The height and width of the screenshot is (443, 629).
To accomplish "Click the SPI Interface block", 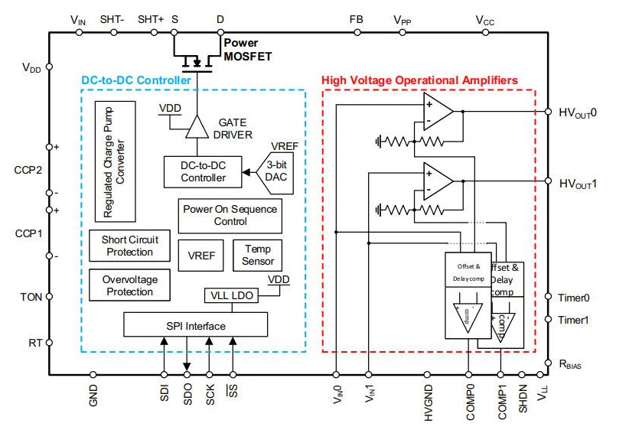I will pyautogui.click(x=196, y=326).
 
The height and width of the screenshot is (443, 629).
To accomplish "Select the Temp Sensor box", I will pyautogui.click(x=258, y=255).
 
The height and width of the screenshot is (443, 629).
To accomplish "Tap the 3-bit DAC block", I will pyautogui.click(x=274, y=172).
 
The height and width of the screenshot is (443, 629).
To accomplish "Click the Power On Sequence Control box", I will pyautogui.click(x=230, y=216).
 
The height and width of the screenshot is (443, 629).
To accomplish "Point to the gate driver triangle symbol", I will pyautogui.click(x=197, y=127).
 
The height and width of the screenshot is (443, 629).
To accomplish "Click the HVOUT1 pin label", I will pyautogui.click(x=578, y=184).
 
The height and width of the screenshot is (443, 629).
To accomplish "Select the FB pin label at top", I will pyautogui.click(x=356, y=19).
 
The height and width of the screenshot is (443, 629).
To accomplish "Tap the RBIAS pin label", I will pyautogui.click(x=569, y=364).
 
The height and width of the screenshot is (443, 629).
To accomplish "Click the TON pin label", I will pyautogui.click(x=31, y=297).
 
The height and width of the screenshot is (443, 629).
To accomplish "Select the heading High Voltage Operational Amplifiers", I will pyautogui.click(x=419, y=80).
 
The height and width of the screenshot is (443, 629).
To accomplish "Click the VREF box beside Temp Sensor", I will pyautogui.click(x=202, y=256).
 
